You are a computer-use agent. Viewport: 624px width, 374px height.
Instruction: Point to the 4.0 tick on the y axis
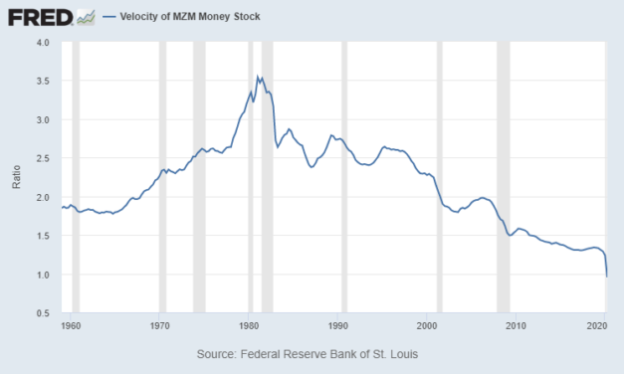[x=41, y=43]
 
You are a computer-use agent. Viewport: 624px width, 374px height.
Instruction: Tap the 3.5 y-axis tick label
[x=41, y=82]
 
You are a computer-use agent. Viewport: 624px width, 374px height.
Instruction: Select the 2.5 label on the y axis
[x=41, y=159]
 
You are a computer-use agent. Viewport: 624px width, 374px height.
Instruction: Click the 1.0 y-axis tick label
[x=41, y=275]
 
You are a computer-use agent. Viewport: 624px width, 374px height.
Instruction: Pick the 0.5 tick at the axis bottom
[x=41, y=313]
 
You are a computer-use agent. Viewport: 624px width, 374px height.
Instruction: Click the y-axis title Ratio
[x=16, y=178]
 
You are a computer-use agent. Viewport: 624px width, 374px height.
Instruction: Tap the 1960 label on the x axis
[x=73, y=324]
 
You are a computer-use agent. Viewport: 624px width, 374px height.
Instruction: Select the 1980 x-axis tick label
[x=249, y=324]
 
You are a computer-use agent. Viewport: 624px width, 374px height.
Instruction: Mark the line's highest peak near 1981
[x=258, y=76]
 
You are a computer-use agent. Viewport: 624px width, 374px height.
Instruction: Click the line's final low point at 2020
[x=607, y=276]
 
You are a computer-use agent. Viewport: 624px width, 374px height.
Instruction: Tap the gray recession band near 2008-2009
[x=504, y=178]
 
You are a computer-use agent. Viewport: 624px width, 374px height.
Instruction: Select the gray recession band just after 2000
[x=439, y=178]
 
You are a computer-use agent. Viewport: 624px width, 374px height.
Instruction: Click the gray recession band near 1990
[x=344, y=178]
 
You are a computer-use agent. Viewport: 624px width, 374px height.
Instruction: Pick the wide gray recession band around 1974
[x=199, y=178]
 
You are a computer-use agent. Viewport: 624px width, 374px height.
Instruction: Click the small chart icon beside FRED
[x=87, y=17]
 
